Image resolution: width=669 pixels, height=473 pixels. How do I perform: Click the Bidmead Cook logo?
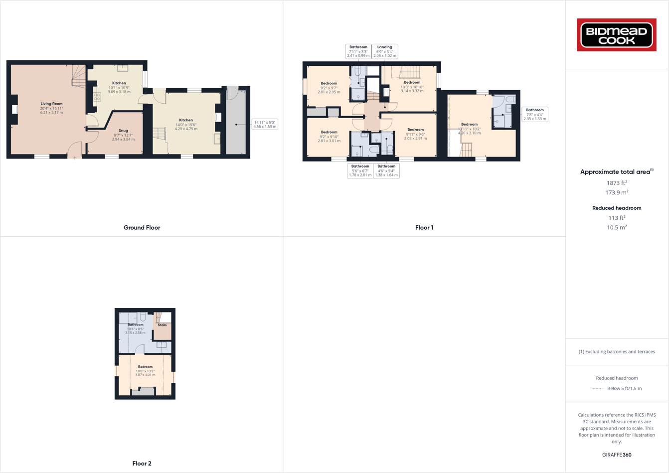click(x=617, y=35)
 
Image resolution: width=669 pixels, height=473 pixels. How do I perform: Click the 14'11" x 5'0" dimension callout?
click(x=265, y=124)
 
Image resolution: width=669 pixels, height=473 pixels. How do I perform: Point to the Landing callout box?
click(x=384, y=51)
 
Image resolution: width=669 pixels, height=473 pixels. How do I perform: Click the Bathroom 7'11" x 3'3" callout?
click(x=358, y=51)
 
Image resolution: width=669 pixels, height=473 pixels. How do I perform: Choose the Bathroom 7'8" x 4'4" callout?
click(x=534, y=114)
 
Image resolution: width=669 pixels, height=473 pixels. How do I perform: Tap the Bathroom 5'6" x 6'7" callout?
click(x=360, y=170)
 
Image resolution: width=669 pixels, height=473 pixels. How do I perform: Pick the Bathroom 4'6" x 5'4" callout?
click(x=386, y=170)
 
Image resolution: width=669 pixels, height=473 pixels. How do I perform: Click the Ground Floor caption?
click(x=142, y=228)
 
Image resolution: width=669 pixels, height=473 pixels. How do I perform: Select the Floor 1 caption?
click(x=424, y=228)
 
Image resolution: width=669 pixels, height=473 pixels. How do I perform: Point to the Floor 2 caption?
click(x=142, y=464)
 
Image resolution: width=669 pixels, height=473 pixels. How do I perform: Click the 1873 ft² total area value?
click(x=617, y=183)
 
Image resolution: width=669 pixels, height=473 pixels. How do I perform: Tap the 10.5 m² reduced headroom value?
click(x=617, y=227)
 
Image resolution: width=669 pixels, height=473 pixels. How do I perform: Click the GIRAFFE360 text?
click(x=617, y=455)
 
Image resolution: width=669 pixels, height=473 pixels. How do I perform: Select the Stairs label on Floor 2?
click(x=162, y=325)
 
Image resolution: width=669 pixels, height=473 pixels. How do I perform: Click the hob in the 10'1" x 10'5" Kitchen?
click(x=97, y=97)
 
